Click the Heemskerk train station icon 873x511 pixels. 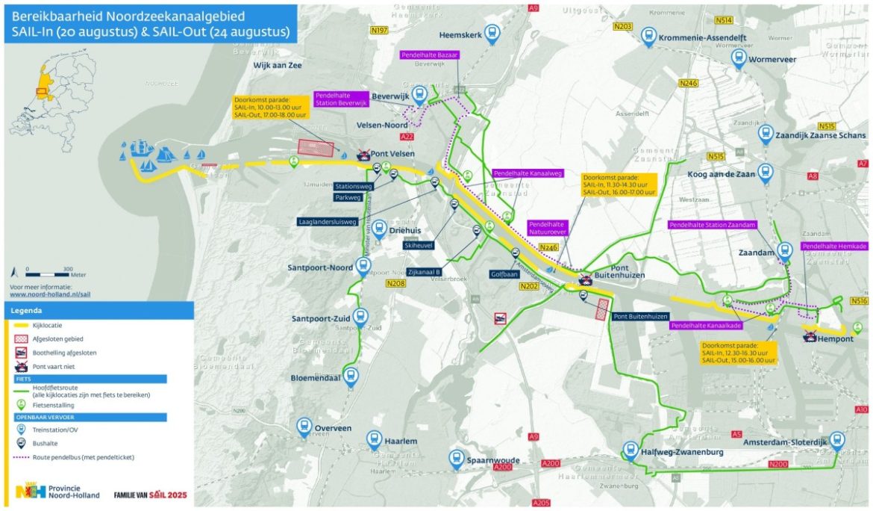click(x=492, y=32)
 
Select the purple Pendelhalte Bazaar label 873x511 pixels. click(x=429, y=55)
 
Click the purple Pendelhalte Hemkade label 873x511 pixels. click(x=833, y=247)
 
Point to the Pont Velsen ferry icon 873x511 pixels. click(x=363, y=155)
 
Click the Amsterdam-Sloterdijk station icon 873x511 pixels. click(x=837, y=440)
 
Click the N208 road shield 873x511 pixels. click(x=396, y=284)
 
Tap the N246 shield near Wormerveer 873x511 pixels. click(x=687, y=83)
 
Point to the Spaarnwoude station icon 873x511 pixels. click(x=456, y=459)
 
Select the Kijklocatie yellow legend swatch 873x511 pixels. click(x=21, y=326)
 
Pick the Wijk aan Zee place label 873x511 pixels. click(x=277, y=66)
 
